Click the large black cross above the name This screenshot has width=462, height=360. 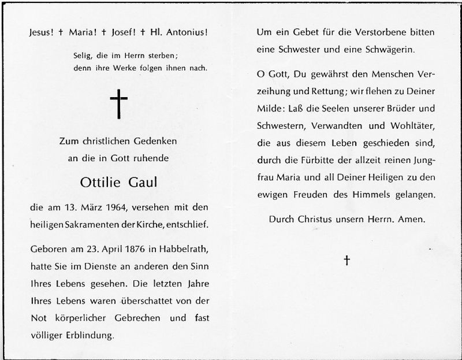[x=118, y=104]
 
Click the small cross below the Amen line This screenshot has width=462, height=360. [x=346, y=261]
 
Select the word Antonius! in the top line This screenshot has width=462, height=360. [x=184, y=33]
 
